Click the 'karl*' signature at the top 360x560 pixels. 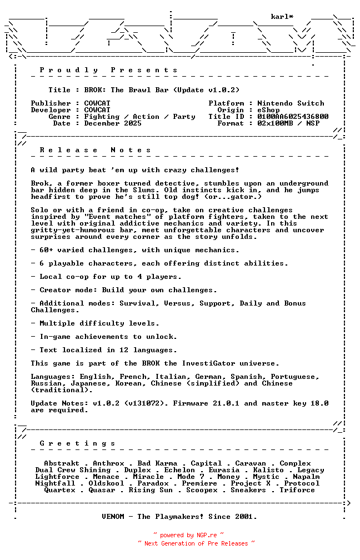coord(282,17)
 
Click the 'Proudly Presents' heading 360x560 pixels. coord(109,70)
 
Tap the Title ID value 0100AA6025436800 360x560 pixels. coord(293,117)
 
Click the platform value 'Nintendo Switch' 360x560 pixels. coord(291,103)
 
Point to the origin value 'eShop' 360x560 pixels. coord(268,110)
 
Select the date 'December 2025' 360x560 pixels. coord(113,123)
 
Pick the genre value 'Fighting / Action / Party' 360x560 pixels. coord(139,117)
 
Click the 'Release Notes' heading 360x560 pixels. coord(96,150)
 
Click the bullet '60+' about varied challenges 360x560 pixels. coord(47,250)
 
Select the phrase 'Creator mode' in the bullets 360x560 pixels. coord(66,290)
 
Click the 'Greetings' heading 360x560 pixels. coord(78,443)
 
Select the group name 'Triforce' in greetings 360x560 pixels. coord(297,490)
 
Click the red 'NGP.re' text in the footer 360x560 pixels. coord(206,536)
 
